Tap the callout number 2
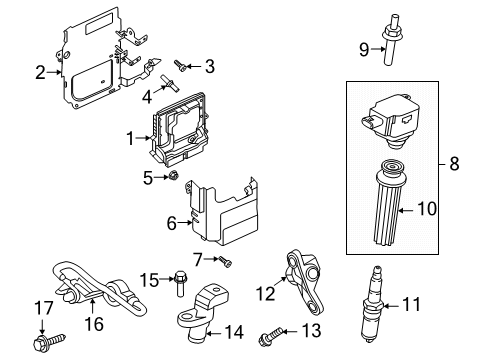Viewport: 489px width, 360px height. (x=40, y=71)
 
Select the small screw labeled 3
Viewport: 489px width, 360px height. (x=184, y=66)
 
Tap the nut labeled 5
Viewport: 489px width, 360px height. (x=171, y=180)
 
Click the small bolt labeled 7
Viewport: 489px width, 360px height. (x=227, y=262)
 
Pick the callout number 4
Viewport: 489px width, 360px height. (x=146, y=97)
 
